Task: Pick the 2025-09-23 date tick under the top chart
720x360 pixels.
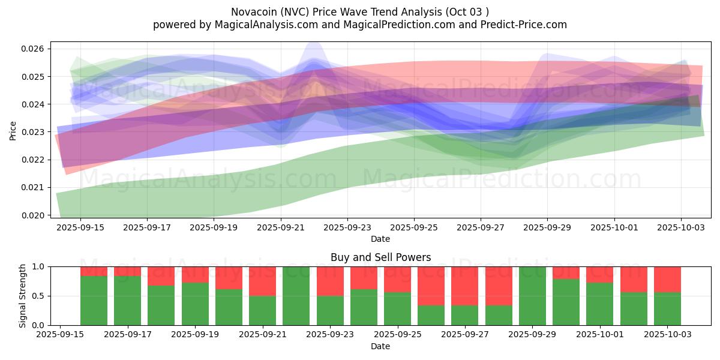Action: [347, 229]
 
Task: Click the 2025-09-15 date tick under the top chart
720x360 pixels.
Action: [80, 229]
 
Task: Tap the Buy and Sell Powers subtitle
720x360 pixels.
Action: [380, 257]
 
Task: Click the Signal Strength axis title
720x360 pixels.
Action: [22, 296]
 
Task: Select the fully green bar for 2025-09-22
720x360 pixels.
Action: [296, 296]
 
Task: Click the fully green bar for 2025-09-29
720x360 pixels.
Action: [532, 296]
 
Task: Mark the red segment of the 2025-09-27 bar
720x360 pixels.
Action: [465, 286]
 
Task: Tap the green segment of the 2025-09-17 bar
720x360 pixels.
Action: [127, 301]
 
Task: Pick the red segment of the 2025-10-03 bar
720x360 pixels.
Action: [667, 279]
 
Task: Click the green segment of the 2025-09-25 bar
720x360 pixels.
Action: [397, 309]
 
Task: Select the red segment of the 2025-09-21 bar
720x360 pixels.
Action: [262, 281]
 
